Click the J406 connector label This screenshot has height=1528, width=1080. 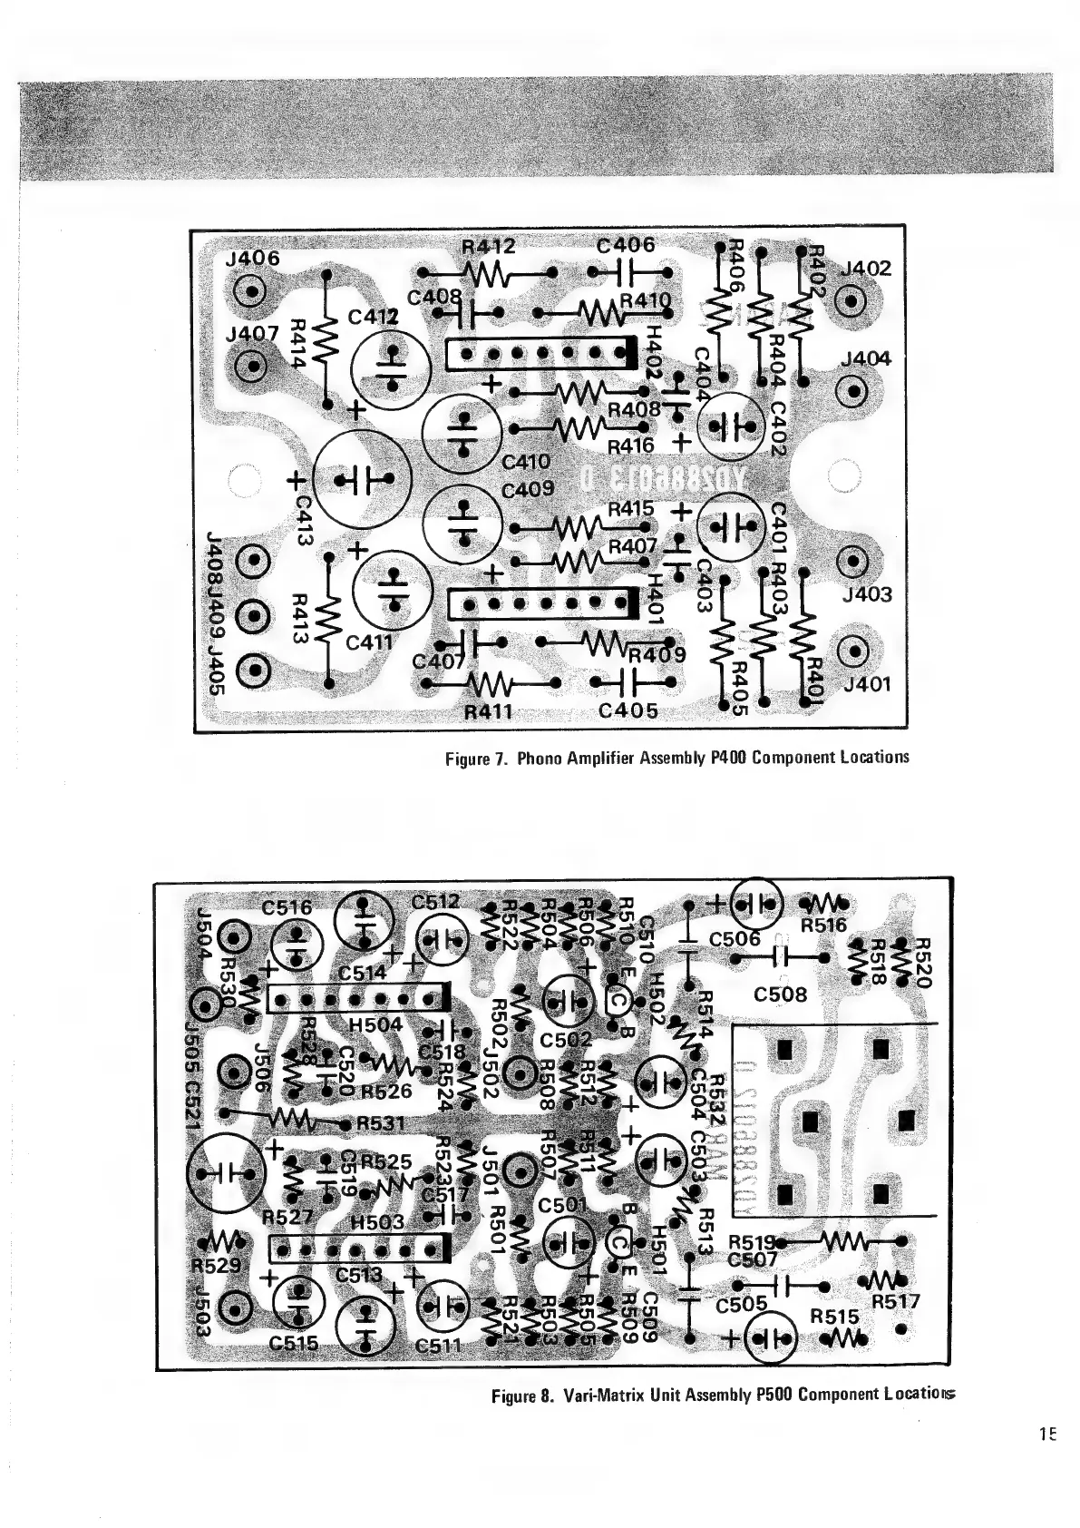pos(252,259)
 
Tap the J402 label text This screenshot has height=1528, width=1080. pos(866,269)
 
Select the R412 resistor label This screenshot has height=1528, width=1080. pos(488,246)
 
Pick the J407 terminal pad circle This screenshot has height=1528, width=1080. pos(251,367)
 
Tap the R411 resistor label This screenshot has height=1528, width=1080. pos(489,711)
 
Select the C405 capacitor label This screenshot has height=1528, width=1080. pos(628,710)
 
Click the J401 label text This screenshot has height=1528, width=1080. pos(866,683)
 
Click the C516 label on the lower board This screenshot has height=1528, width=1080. pos(287,907)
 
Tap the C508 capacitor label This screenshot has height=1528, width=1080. pos(780,994)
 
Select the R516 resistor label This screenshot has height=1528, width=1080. pos(823,926)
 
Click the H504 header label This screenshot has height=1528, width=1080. pos(375,1024)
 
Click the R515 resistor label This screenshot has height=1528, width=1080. pos(834,1316)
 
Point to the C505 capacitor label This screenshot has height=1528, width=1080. pos(741,1305)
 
